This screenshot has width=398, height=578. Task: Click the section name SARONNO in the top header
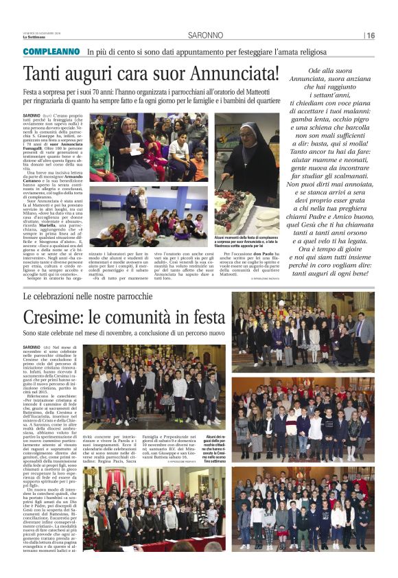click(207, 36)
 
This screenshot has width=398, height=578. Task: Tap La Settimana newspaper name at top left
click(34, 36)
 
